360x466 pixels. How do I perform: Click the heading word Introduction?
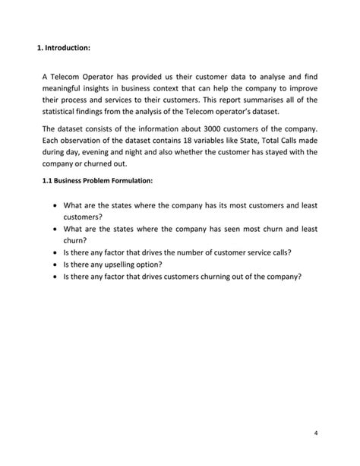(x=68, y=48)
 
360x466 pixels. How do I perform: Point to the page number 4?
(x=315, y=433)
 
